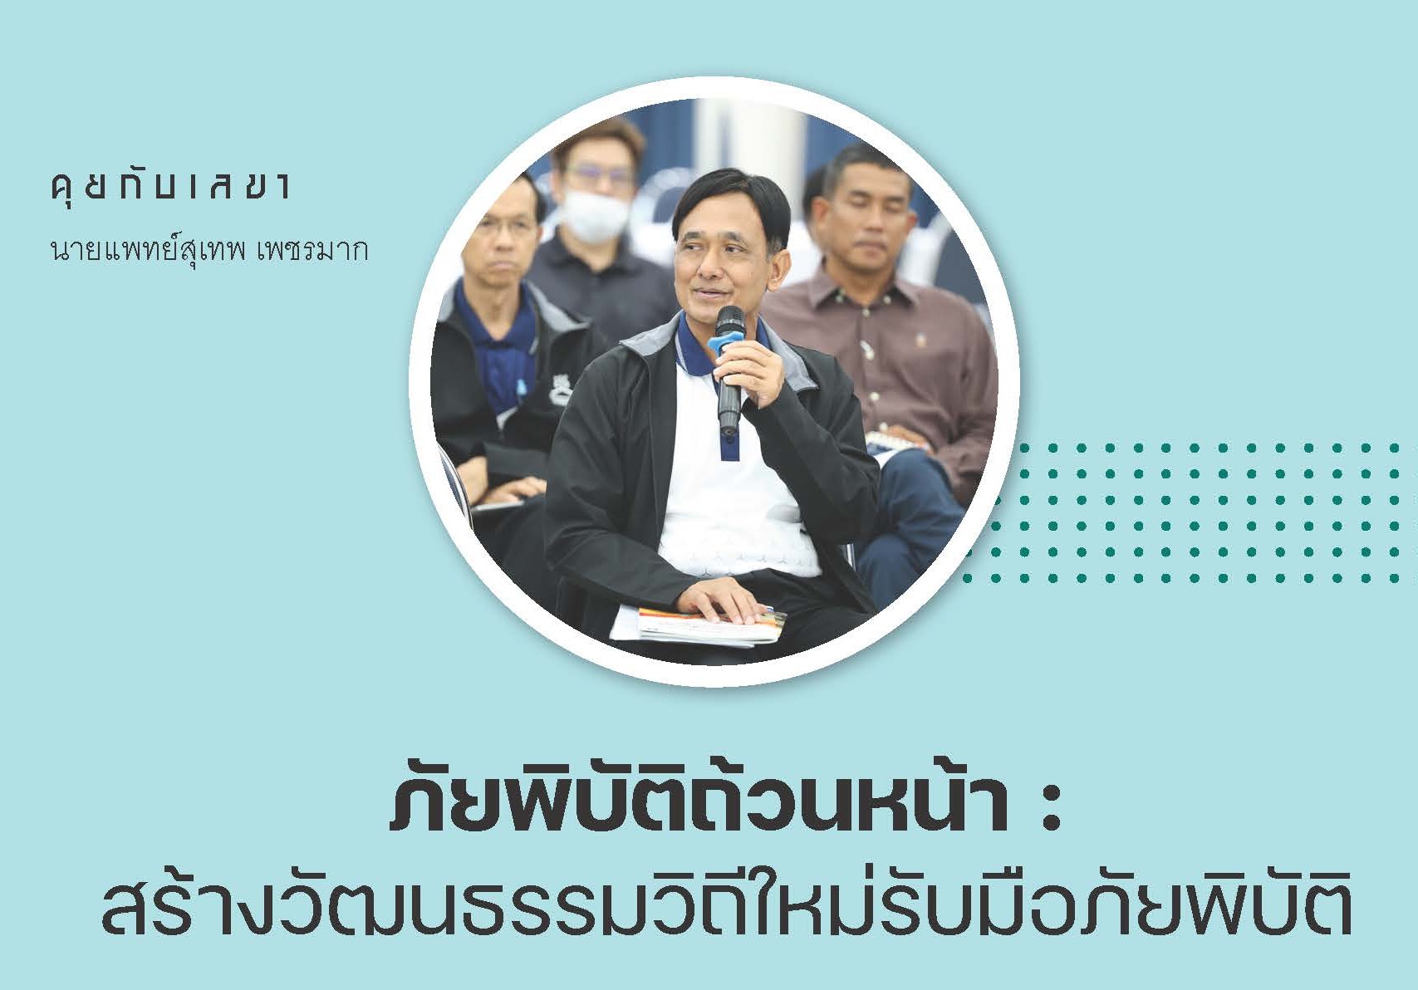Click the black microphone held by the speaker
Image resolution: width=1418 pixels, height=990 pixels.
tap(728, 370)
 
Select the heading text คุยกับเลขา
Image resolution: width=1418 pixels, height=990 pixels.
tap(170, 187)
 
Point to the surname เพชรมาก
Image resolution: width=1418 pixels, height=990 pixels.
tap(312, 251)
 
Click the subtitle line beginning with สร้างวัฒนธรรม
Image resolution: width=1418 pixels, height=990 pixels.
tap(727, 909)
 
